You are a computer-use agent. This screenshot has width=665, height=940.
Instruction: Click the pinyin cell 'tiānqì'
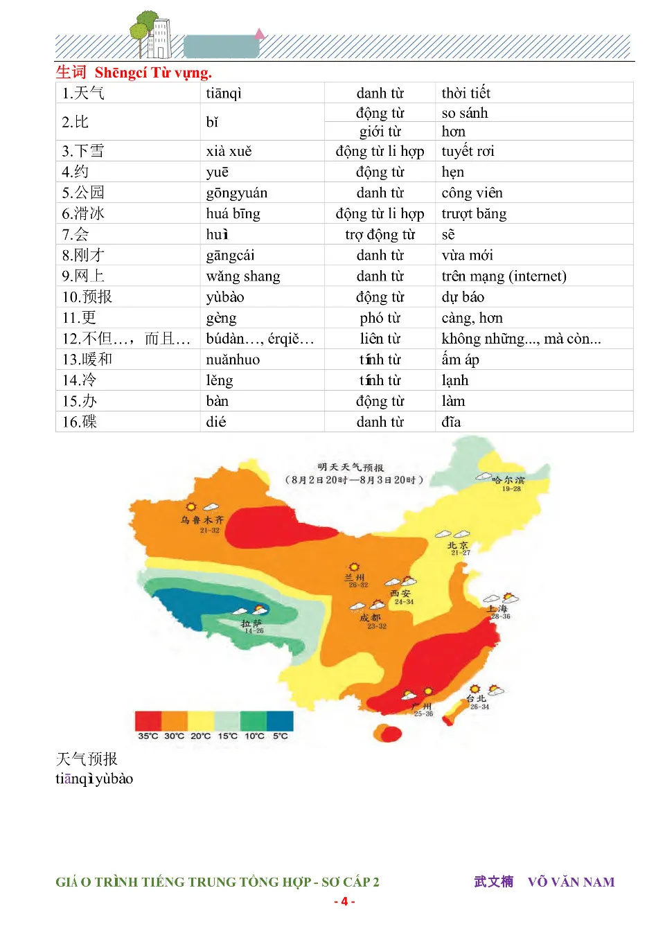pyautogui.click(x=224, y=94)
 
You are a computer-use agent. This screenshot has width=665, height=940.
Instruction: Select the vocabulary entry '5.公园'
pyautogui.click(x=83, y=193)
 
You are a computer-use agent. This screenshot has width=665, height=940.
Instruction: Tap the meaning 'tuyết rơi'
pyautogui.click(x=468, y=151)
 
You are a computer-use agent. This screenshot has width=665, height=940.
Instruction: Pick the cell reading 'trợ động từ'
pyautogui.click(x=380, y=235)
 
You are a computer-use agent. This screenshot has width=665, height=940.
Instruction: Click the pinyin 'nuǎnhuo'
pyautogui.click(x=233, y=360)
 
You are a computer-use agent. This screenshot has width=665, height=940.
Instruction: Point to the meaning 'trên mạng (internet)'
pyautogui.click(x=504, y=276)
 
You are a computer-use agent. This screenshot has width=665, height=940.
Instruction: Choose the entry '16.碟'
pyautogui.click(x=80, y=422)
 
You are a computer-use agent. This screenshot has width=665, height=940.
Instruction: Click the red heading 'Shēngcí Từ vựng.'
pyautogui.click(x=153, y=73)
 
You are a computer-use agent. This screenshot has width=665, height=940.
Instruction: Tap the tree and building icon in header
pyautogui.click(x=152, y=35)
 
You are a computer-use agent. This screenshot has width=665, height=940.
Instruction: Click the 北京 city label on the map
pyautogui.click(x=458, y=546)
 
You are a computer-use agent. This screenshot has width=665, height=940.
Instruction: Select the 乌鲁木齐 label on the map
pyautogui.click(x=202, y=520)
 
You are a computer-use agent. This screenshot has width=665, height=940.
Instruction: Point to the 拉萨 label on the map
pyautogui.click(x=251, y=623)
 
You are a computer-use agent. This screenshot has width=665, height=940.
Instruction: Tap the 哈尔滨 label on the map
pyautogui.click(x=508, y=479)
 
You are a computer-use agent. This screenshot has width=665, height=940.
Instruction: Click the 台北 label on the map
pyautogui.click(x=476, y=698)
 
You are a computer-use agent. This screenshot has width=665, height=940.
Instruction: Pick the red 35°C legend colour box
pyautogui.click(x=148, y=720)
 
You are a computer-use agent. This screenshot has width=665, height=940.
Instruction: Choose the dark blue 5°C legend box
pyautogui.click(x=280, y=720)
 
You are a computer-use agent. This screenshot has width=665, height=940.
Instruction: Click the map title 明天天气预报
pyautogui.click(x=351, y=468)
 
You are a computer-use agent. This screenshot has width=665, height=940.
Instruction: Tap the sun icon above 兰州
pyautogui.click(x=354, y=567)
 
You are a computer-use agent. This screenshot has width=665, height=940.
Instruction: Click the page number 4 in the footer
pyautogui.click(x=344, y=901)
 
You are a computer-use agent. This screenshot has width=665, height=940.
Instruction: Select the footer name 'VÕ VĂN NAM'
pyautogui.click(x=571, y=882)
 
